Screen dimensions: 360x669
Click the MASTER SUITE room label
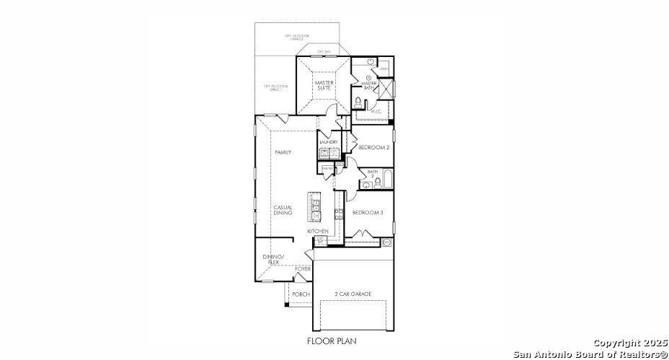click(x=323, y=85)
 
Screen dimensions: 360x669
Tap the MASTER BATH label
click(x=369, y=85)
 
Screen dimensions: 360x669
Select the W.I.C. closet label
click(x=376, y=111)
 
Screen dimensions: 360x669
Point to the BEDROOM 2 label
click(x=373, y=147)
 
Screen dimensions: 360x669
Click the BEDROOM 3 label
click(x=367, y=213)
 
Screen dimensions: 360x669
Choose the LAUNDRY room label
click(x=328, y=142)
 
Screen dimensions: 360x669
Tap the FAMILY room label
click(x=283, y=153)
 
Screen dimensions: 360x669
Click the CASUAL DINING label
click(x=283, y=210)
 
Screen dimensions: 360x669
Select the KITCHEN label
click(x=318, y=231)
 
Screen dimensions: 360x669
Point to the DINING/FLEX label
click(x=274, y=260)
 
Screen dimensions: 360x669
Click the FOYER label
click(x=303, y=269)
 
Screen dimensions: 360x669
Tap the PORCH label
click(x=301, y=294)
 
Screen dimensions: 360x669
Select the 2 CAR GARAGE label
click(x=353, y=294)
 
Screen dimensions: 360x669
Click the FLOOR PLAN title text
click(x=332, y=340)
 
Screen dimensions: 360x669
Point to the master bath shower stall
click(x=386, y=88)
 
